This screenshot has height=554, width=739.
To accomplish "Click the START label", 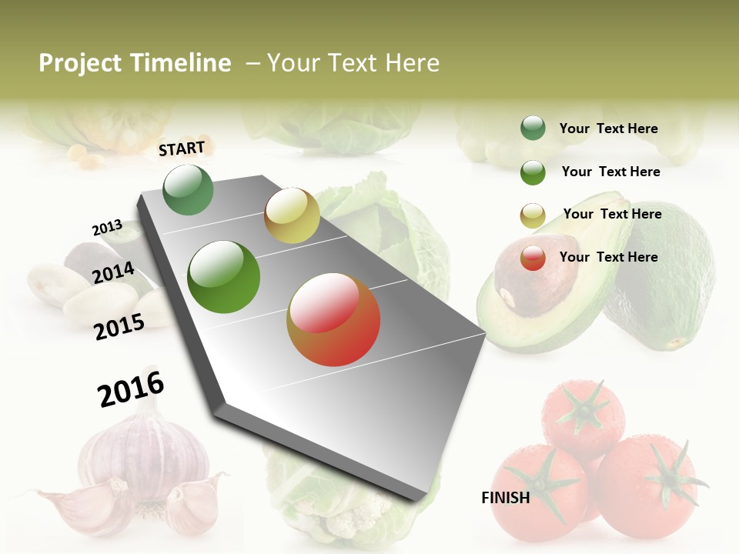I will (182, 148).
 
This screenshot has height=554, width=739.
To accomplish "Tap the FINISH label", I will (505, 498).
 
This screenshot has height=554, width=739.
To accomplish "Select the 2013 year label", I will (107, 228).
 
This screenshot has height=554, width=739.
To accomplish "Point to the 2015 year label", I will (119, 326).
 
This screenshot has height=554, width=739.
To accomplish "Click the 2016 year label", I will (131, 389).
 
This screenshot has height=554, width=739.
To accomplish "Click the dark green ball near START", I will (189, 189).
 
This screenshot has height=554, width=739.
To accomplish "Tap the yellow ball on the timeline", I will (292, 215).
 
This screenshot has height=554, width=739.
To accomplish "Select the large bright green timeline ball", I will (224, 277).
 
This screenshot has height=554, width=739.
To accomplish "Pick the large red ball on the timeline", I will (333, 319).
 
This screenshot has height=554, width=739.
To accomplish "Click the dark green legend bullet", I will (533, 128).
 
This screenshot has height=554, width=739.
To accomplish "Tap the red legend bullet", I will (533, 258).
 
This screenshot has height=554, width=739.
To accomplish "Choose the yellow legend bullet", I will (533, 215).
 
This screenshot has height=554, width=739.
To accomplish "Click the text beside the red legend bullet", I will (608, 257).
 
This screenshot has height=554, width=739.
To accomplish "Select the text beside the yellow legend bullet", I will (612, 214).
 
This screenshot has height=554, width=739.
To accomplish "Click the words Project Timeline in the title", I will (135, 63).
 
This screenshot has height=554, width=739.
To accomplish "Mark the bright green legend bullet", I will (533, 172).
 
